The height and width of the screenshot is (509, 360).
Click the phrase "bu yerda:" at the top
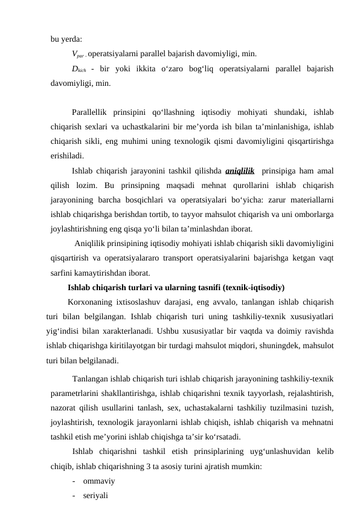pyautogui.click(x=67, y=40)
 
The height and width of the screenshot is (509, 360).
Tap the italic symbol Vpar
pyautogui.click(x=77, y=53)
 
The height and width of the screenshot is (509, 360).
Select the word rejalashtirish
pyautogui.click(x=307, y=394)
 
